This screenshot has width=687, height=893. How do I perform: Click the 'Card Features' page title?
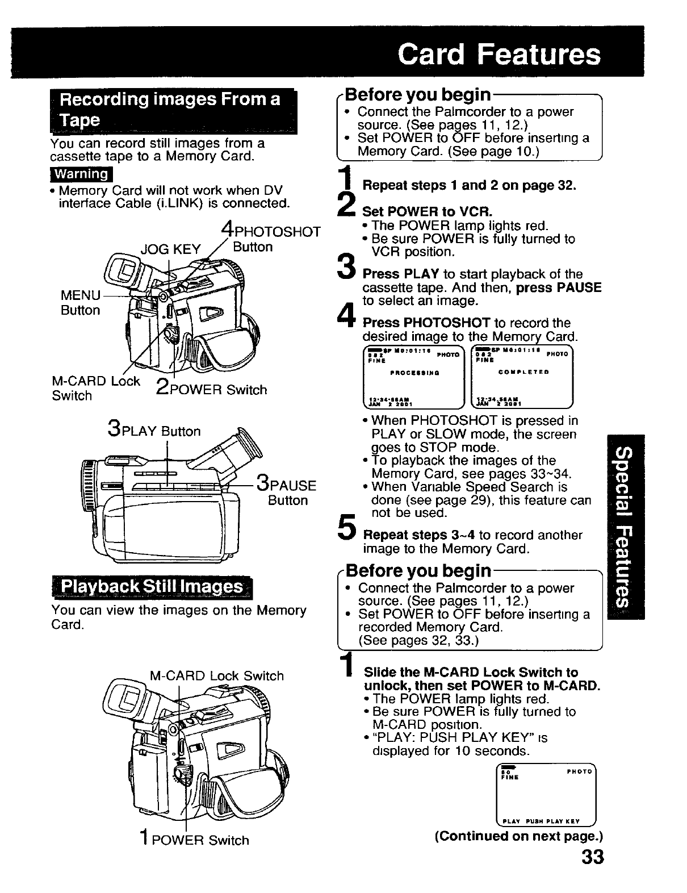pos(499,55)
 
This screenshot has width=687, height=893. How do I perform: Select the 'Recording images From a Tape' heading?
pos(171,110)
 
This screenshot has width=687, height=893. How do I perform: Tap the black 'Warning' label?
pos(81,173)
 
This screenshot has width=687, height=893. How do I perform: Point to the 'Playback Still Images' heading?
pos(152,586)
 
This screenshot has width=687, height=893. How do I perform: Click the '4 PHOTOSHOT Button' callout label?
pos(269,239)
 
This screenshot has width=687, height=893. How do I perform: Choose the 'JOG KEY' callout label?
pos(171,249)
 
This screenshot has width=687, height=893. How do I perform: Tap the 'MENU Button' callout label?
pos(81,303)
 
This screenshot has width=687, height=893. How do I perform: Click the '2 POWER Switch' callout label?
pos(211,389)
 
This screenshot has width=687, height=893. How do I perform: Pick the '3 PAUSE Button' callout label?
pos(286,492)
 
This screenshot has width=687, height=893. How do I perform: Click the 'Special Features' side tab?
pos(625,527)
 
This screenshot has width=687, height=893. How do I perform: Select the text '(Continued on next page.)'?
pos(518,836)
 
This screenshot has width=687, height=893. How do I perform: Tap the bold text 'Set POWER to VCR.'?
pos(428,212)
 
